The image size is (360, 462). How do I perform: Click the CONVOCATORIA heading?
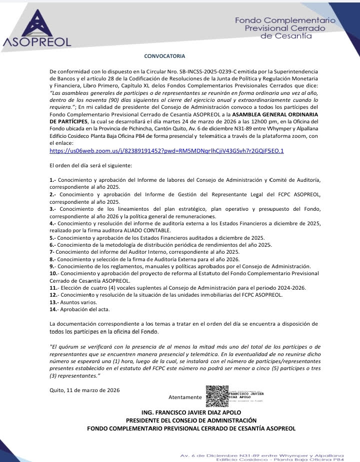coord(164,56)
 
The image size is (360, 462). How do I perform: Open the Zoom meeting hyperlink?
coord(166,150)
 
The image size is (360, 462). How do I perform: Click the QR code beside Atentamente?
coord(217,396)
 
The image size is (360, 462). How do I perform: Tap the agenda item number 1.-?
coord(52,179)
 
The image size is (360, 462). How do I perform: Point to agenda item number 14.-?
coord(54,309)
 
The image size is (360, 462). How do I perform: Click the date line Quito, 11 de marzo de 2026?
coord(84,390)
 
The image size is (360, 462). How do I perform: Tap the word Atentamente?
coord(185,398)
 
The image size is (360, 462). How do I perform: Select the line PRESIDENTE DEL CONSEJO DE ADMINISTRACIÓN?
coord(191,421)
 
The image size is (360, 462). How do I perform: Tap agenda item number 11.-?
coord(54,288)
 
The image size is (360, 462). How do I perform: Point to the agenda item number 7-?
coord(52,252)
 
